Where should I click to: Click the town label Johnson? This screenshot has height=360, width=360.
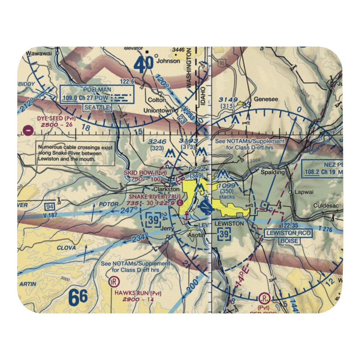pyautogui.click(x=168, y=61)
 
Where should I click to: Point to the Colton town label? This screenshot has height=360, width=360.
pyautogui.click(x=157, y=100)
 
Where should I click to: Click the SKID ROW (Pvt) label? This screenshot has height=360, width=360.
pyautogui.click(x=145, y=173)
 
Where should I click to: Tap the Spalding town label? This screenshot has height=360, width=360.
pyautogui.click(x=274, y=172)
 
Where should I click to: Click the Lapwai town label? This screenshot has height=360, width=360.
pyautogui.click(x=301, y=192)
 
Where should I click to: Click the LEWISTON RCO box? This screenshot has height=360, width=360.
pyautogui.click(x=289, y=233)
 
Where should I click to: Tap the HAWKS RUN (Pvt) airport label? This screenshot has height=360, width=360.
pyautogui.click(x=138, y=293)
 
